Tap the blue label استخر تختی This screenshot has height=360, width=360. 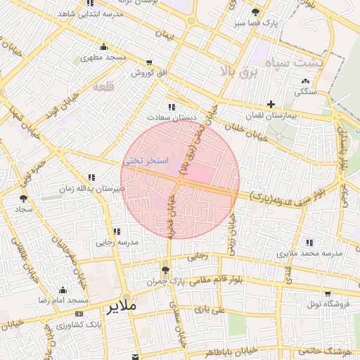tap(146, 160)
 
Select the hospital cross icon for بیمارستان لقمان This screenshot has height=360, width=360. tap(271, 104)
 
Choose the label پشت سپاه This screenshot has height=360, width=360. tap(285, 64)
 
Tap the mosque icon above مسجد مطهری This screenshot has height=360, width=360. tap(103, 48)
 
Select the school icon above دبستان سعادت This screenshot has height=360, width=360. tap(171, 107)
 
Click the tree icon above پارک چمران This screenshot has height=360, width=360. tap(165, 270)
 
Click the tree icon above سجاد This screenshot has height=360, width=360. tap(24, 200)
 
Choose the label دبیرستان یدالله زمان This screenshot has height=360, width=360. tap(90, 188)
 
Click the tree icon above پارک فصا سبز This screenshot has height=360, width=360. tap(255, 13)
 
